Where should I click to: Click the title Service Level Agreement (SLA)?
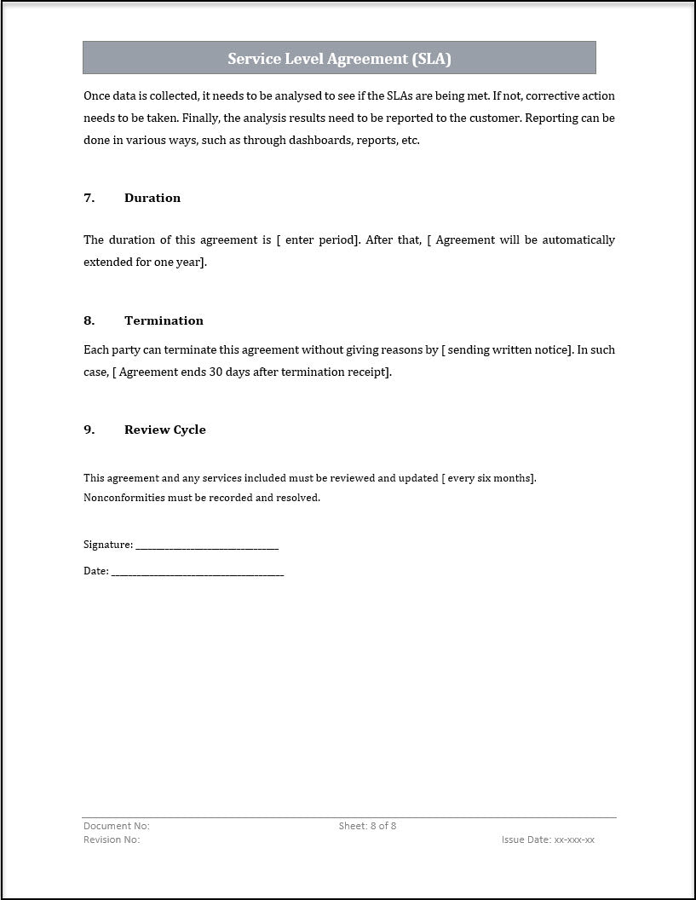click(339, 59)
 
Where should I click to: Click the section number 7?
click(89, 198)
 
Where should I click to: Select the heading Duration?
click(152, 198)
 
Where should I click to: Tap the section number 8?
click(89, 320)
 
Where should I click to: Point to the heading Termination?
click(164, 320)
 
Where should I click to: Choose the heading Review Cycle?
click(165, 430)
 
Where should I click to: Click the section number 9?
click(89, 430)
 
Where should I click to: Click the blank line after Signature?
click(207, 545)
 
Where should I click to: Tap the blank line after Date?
click(198, 573)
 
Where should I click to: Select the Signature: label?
click(108, 545)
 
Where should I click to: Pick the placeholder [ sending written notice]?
click(507, 350)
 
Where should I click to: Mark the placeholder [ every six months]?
click(489, 478)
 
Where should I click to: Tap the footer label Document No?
click(117, 826)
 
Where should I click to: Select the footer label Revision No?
click(112, 839)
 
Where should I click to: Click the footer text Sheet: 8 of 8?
click(367, 826)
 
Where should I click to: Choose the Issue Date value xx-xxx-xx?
click(574, 839)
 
